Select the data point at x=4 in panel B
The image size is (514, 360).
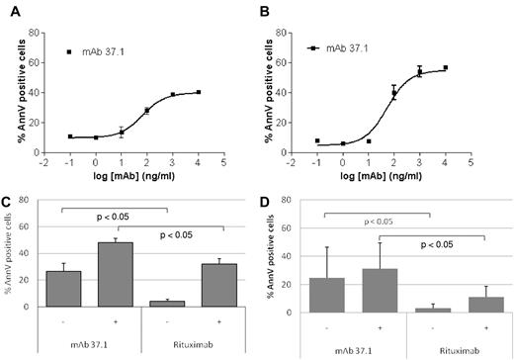coord(446,68)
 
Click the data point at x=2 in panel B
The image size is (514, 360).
coord(393,93)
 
